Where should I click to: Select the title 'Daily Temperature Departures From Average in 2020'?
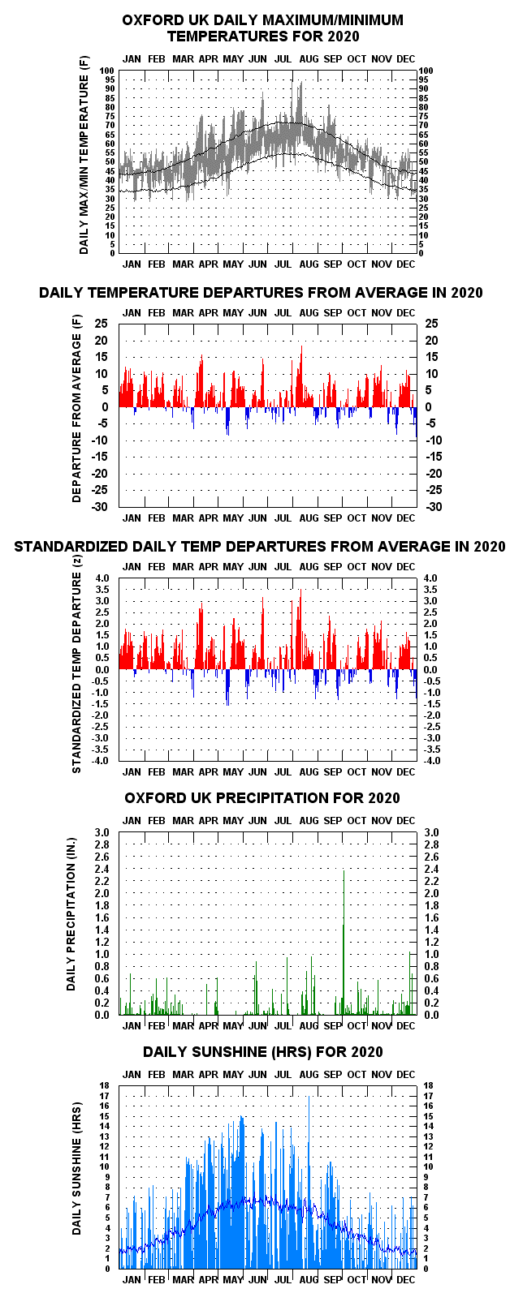tap(261, 293)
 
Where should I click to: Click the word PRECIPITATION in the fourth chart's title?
tap(269, 798)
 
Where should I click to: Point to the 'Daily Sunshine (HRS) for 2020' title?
tap(263, 1052)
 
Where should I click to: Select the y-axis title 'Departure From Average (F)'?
tap(76, 409)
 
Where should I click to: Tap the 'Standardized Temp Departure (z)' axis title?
tap(76, 664)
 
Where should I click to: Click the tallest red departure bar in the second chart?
tap(301, 376)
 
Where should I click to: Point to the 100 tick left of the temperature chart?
tap(107, 71)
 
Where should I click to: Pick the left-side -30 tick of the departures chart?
tap(99, 507)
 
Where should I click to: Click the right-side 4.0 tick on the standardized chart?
tap(430, 578)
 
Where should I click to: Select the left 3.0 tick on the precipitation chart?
tap(102, 832)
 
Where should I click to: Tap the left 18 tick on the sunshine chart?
tap(105, 1086)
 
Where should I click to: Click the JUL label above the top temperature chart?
tap(283, 59)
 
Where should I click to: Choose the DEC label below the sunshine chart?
tap(406, 1280)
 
